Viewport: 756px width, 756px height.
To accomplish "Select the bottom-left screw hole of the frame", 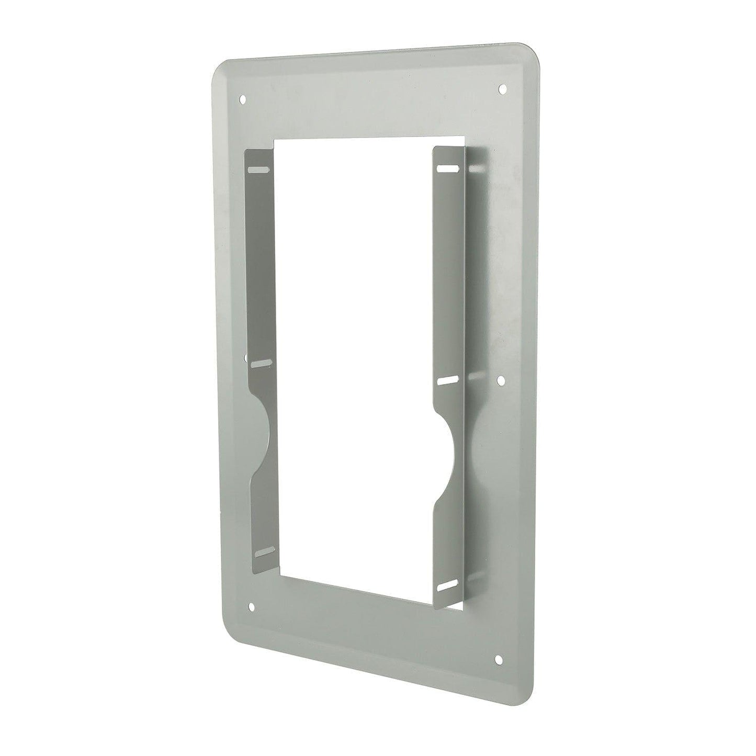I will pyautogui.click(x=253, y=606).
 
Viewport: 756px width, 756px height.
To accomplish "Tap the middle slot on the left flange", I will pyautogui.click(x=261, y=362).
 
